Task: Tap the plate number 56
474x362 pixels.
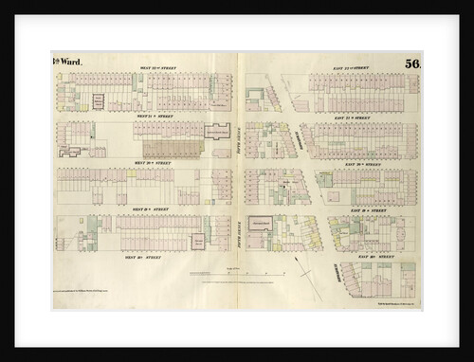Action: tap(410, 64)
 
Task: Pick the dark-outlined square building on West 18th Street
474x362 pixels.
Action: tap(199, 241)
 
